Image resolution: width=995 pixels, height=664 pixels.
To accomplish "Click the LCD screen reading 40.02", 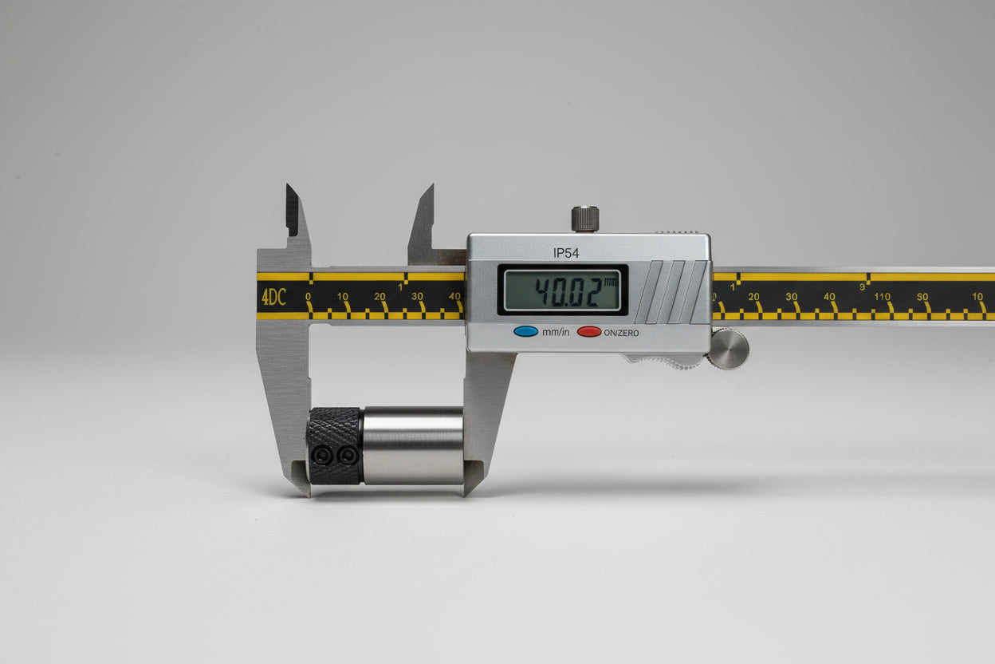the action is [x=562, y=290].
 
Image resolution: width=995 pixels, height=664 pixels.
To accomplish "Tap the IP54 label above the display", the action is [x=566, y=253].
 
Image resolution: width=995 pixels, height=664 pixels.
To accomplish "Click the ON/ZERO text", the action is [x=621, y=333].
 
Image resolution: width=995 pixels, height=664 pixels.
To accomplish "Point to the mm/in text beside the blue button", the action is [x=556, y=332].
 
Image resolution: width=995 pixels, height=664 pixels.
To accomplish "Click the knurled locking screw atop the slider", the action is [x=584, y=219].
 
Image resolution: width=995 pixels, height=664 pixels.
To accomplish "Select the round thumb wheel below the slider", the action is [x=729, y=349].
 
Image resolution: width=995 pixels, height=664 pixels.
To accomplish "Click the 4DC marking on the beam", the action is [x=273, y=297].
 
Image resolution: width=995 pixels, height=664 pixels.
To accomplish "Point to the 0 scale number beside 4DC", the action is [x=308, y=296].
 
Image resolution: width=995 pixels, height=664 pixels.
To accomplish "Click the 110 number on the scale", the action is [x=882, y=296].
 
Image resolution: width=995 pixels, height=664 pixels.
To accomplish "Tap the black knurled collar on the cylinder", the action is [x=334, y=445].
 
